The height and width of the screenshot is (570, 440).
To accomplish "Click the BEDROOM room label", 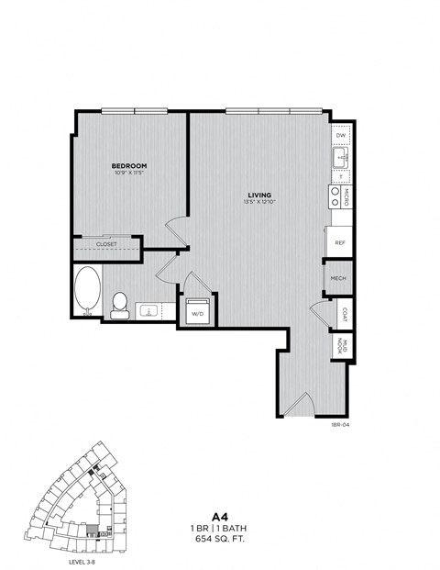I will pos(131,166).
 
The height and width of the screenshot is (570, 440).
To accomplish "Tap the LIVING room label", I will pos(259,194).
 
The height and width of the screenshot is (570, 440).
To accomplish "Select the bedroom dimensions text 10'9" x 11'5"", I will pos(131,173).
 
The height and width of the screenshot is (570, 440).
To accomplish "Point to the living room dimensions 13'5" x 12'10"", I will pos(259,202).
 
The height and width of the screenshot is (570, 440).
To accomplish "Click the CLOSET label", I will pos(106,244).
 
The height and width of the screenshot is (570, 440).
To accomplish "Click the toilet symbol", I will pos(119,304).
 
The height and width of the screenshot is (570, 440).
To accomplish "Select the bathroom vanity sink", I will pos(147,311).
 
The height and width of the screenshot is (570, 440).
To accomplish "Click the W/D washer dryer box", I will pos(197,312).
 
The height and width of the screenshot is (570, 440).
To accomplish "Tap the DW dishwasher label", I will pos(341,136).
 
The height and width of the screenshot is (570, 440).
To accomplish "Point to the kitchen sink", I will pos(341,160).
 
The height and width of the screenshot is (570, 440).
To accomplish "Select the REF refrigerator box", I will pos(339,243).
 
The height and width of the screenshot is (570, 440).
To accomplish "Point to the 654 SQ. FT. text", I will pos(220,541).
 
